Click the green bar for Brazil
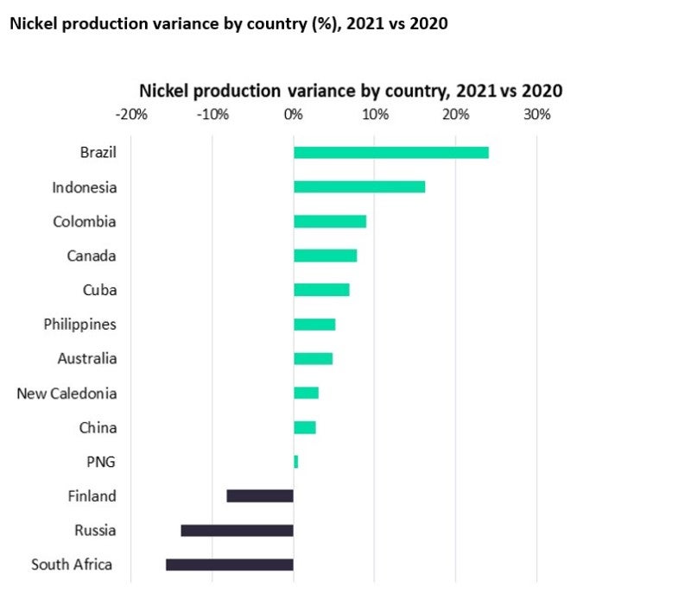[390, 153]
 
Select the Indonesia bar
[358, 187]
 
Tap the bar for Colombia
[329, 222]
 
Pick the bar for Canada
[325, 256]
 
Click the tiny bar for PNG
[295, 462]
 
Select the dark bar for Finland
[260, 496]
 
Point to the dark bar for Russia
[237, 531]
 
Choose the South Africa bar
[230, 565]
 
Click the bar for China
[304, 427]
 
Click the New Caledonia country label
[67, 394]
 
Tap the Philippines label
[79, 325]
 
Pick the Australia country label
[86, 359]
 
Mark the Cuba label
[99, 290]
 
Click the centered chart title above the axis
[351, 91]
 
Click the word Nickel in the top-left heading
[30, 23]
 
